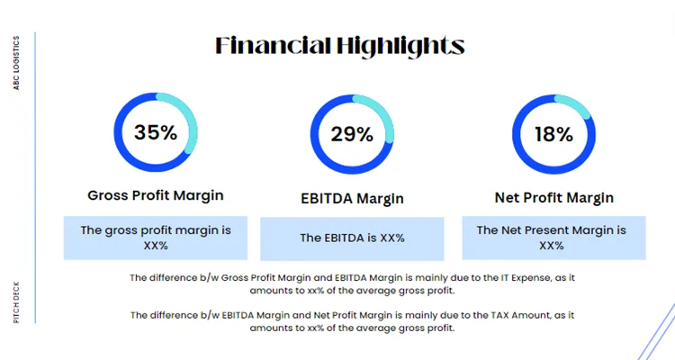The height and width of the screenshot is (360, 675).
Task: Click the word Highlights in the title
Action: point(398,46)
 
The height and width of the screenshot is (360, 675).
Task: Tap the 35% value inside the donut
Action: point(156,132)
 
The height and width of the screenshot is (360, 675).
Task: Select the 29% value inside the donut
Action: point(352,135)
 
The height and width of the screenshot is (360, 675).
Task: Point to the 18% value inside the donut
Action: point(553,135)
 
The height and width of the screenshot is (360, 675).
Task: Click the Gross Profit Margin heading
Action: point(156,195)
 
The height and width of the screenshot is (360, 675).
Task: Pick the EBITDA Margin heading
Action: point(352,198)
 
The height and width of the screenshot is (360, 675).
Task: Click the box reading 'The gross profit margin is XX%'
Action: point(156,238)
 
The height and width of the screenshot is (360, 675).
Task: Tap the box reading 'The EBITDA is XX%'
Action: point(352,238)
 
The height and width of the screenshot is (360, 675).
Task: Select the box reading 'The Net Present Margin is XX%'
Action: point(552,238)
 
